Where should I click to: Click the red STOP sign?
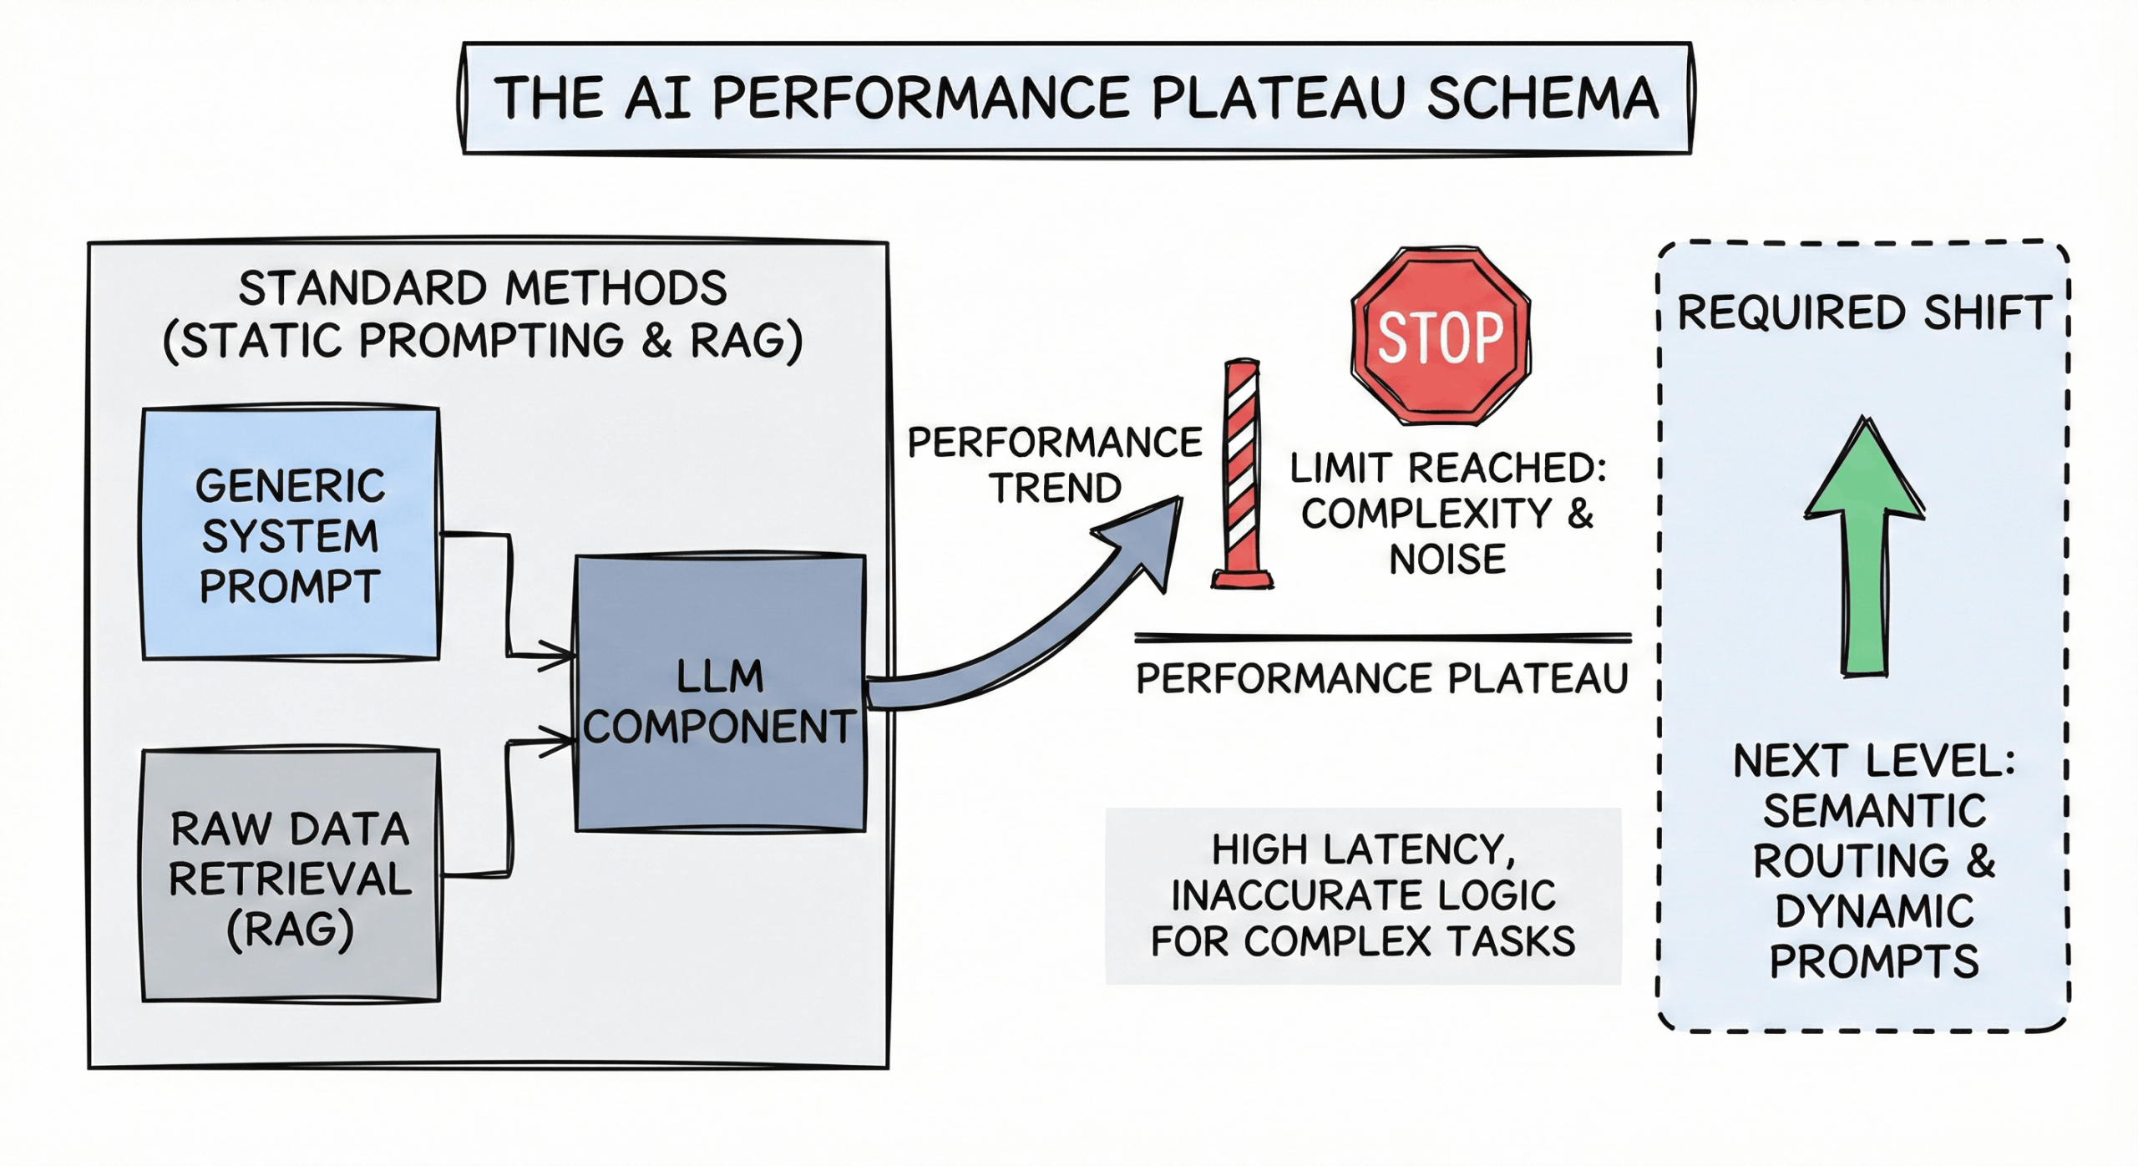[x=1441, y=336]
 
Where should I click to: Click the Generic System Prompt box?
[x=291, y=535]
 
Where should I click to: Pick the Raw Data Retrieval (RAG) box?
[x=291, y=875]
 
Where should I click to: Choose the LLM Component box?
[x=720, y=693]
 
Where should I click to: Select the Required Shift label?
[x=1863, y=313]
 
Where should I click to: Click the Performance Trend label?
[x=1055, y=465]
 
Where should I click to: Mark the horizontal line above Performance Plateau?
[x=1382, y=639]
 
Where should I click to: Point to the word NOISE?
[x=1447, y=559]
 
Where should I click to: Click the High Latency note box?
[x=1363, y=896]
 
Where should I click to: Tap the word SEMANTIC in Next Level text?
[x=1875, y=811]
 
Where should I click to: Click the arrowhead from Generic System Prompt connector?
[x=558, y=656]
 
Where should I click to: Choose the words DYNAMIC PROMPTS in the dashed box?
[x=1875, y=936]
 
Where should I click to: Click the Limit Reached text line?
[x=1447, y=468]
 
